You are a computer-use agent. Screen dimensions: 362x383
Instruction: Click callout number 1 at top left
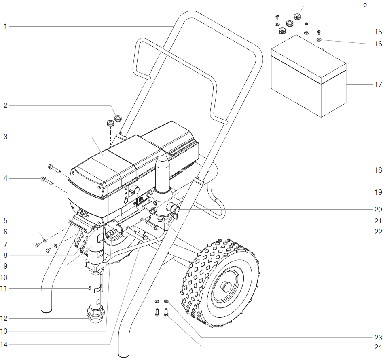coord(6,27)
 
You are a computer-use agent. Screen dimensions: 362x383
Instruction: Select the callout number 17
coord(378,85)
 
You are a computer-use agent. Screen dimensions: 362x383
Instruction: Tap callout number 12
coord(6,318)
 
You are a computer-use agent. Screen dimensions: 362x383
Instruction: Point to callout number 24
coord(378,346)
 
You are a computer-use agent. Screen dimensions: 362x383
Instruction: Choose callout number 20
coord(378,210)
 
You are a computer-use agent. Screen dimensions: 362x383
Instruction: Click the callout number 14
coord(6,345)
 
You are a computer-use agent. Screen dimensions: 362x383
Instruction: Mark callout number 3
coord(6,137)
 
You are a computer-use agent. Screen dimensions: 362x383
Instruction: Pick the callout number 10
coord(6,278)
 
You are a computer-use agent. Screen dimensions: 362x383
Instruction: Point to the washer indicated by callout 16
coord(319,40)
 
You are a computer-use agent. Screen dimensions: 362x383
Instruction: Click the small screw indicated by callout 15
coord(319,32)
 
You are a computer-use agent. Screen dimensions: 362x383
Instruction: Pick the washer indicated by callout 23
coord(166,301)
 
